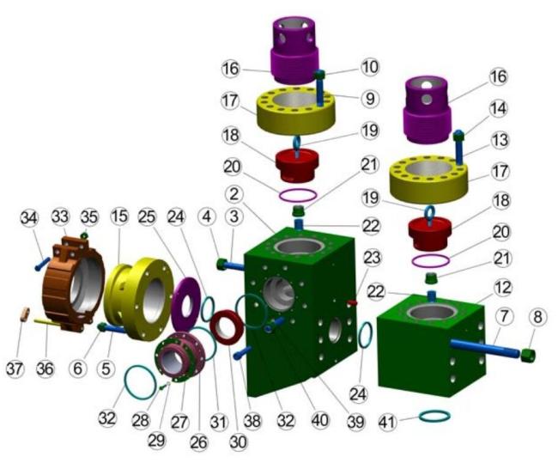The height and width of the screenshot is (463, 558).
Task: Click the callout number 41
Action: [387, 423]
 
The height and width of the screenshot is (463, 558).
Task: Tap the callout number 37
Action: [15, 369]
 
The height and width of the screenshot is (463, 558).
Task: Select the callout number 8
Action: [537, 317]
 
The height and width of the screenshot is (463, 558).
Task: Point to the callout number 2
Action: [234, 194]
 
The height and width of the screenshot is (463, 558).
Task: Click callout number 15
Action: [119, 216]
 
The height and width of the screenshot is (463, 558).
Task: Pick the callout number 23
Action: [372, 257]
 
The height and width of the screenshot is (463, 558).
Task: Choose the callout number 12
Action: [503, 288]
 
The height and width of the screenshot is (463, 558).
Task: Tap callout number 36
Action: [45, 369]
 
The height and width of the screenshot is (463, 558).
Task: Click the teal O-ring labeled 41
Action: [434, 416]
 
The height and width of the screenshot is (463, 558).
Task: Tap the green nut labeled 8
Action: [528, 355]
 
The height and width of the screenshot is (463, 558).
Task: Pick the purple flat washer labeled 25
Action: [186, 304]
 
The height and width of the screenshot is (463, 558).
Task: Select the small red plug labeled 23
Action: [352, 302]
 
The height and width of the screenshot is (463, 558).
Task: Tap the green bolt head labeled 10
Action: [319, 75]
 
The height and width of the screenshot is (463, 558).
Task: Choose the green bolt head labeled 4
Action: [221, 264]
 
